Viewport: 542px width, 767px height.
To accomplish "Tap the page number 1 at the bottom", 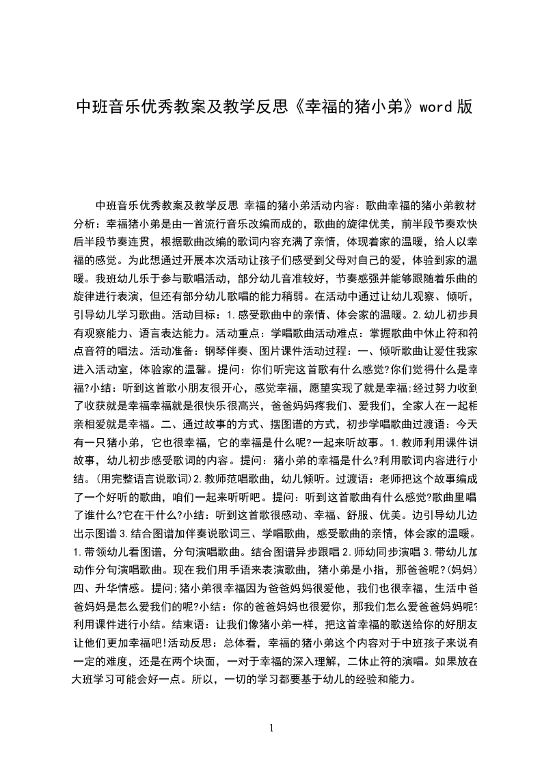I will [x=271, y=727].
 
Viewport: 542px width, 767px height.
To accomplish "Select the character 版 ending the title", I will [x=465, y=107].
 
